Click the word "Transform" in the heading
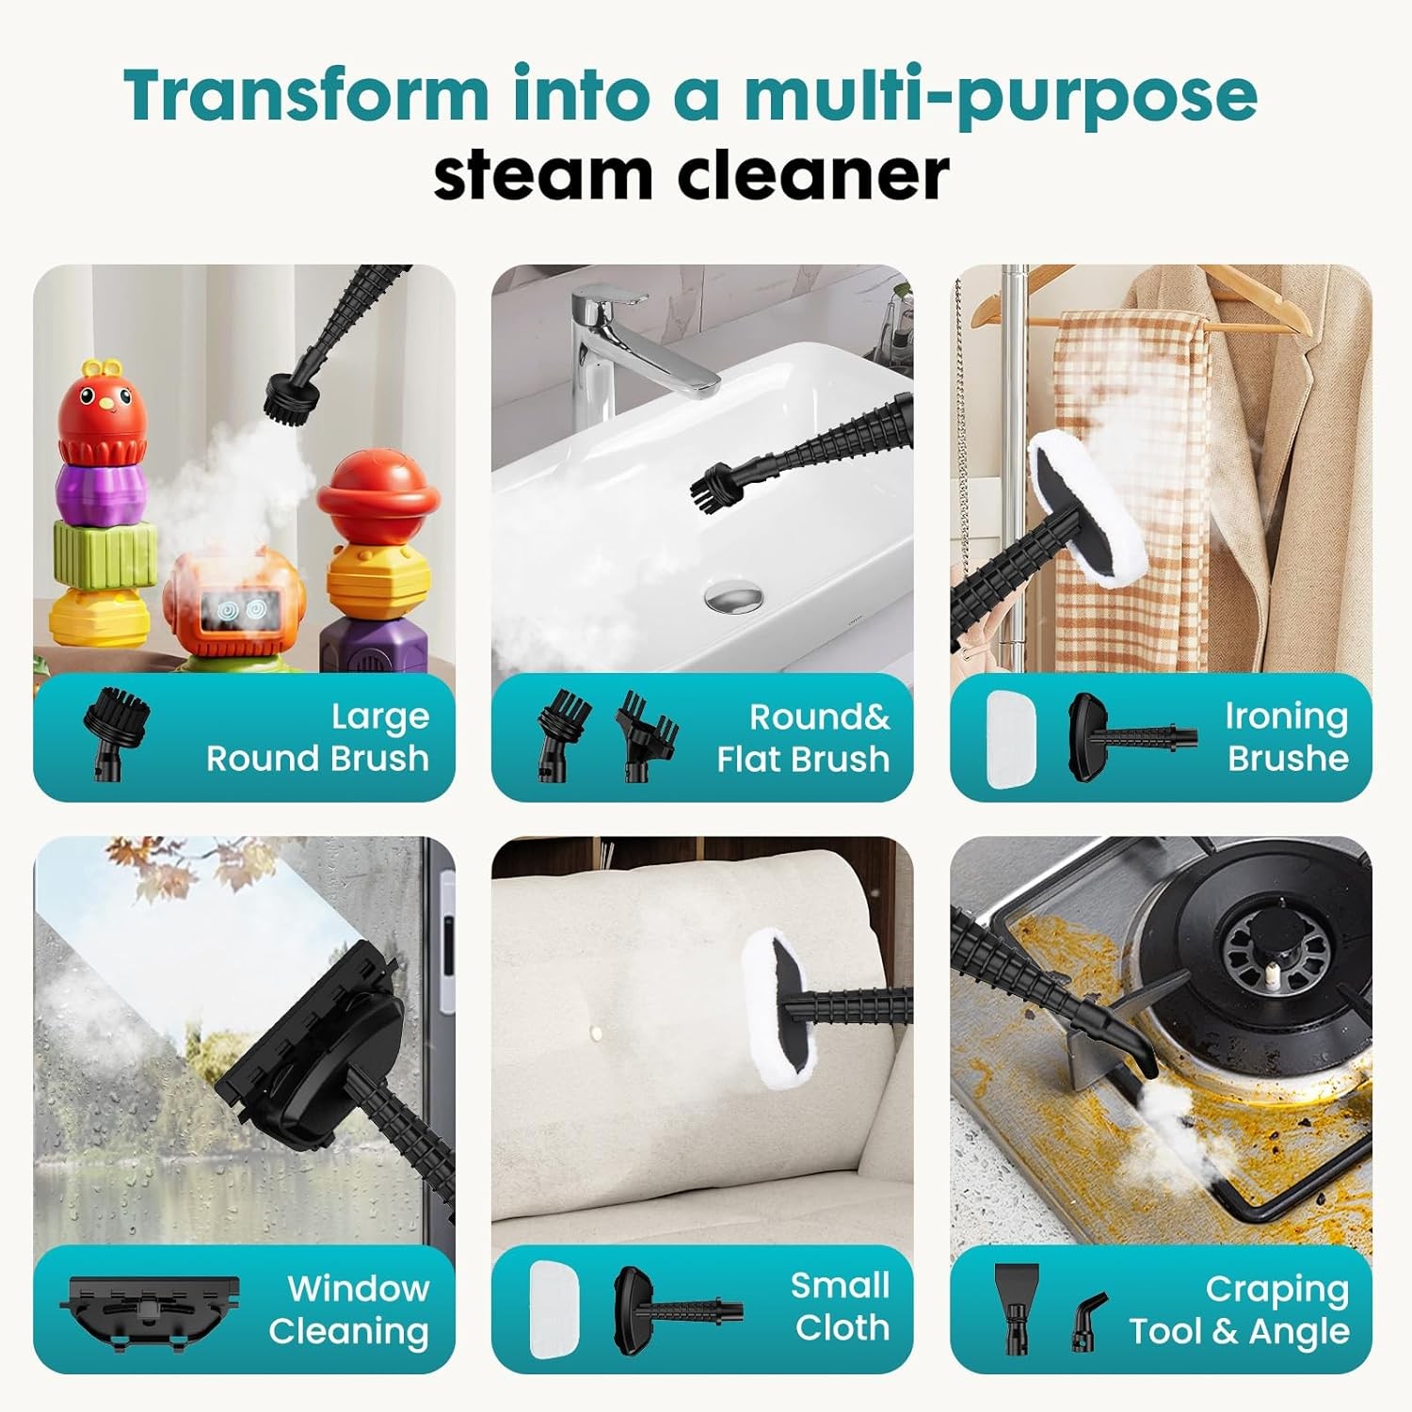306,95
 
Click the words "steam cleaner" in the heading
691,175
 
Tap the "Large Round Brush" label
317,737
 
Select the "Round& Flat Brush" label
803,737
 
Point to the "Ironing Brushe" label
1287,737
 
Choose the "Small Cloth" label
841,1307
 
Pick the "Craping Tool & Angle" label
1240,1309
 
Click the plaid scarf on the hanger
1130,471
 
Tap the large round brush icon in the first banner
115,730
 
